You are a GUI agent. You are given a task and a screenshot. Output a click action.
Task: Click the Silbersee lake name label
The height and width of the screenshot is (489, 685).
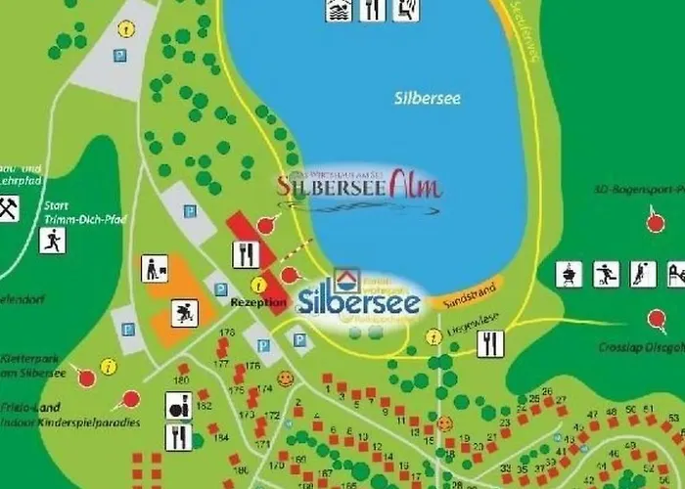(428, 99)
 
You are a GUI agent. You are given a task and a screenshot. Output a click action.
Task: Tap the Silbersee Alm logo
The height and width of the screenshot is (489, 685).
(359, 185)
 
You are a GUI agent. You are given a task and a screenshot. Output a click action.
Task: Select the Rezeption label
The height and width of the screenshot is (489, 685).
(258, 302)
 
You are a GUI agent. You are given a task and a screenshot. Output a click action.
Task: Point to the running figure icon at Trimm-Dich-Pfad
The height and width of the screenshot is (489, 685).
(52, 240)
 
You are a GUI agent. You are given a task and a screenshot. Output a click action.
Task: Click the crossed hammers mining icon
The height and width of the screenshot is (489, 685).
(8, 208)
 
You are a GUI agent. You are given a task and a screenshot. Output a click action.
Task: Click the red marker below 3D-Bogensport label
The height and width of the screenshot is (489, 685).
(656, 222)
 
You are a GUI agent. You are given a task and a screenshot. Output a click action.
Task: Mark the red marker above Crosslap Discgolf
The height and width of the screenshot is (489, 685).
(656, 318)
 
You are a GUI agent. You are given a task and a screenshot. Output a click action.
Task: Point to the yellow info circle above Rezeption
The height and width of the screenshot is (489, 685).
(258, 285)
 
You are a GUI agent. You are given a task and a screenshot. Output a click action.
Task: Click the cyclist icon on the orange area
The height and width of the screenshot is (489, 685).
(183, 313)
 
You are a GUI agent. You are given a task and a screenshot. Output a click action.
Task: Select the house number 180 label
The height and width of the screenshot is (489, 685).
(181, 379)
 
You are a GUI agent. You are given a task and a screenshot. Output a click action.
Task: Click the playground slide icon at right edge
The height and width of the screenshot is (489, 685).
(676, 273)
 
